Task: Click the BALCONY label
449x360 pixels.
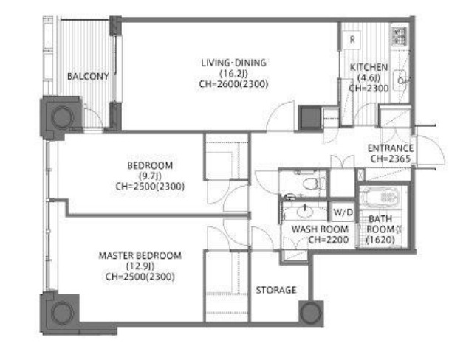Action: [x=88, y=76]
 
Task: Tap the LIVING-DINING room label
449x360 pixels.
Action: [x=233, y=63]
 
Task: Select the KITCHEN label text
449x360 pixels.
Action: [x=369, y=67]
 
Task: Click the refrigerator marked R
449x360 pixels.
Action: [x=352, y=40]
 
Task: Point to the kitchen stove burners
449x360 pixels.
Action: [x=400, y=36]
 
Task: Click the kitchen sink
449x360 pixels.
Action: [x=400, y=80]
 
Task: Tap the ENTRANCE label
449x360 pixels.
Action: [x=391, y=148]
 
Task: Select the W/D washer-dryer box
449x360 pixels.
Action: [x=343, y=212]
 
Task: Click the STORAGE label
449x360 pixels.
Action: [x=276, y=290]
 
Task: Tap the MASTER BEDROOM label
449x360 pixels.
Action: [x=140, y=255]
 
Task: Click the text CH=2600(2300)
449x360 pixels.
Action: [x=233, y=84]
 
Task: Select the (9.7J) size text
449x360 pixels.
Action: [x=150, y=176]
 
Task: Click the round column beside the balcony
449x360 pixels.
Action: [x=62, y=117]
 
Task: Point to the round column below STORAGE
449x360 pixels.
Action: [x=311, y=312]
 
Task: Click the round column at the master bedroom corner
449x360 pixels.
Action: [x=63, y=313]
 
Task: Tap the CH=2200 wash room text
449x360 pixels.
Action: [x=329, y=240]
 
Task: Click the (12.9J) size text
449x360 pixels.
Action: [x=140, y=266]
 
